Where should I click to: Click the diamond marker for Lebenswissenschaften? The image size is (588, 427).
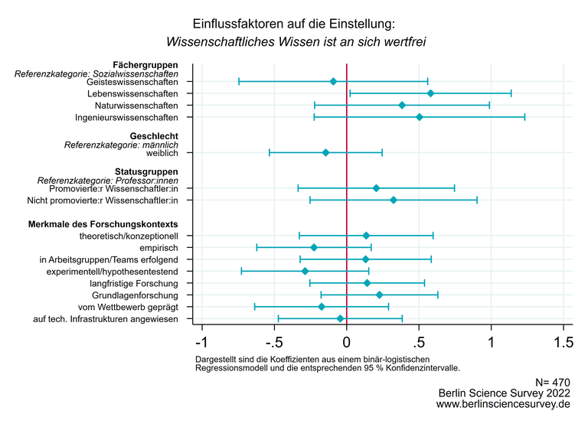click(x=430, y=93)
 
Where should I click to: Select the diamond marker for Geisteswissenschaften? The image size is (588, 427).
click(x=333, y=81)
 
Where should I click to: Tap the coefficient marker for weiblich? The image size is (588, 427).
click(x=325, y=153)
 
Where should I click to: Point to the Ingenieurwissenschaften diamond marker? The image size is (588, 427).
click(x=419, y=117)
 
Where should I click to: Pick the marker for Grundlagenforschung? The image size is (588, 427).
click(x=379, y=295)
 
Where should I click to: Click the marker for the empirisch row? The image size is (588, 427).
click(x=314, y=247)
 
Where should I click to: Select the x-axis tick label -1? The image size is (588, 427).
click(x=202, y=341)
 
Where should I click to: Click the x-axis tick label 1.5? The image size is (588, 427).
click(x=563, y=341)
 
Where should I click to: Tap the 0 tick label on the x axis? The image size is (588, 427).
click(x=347, y=341)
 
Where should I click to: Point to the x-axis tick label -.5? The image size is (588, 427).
click(x=273, y=341)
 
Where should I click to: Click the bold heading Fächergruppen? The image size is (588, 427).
click(x=145, y=65)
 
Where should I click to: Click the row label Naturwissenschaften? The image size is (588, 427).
click(x=136, y=106)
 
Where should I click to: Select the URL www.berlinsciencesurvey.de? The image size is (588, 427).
click(x=503, y=404)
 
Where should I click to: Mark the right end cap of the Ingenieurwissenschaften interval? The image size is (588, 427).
click(x=524, y=117)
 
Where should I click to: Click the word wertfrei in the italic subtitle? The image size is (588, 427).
click(x=403, y=41)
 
